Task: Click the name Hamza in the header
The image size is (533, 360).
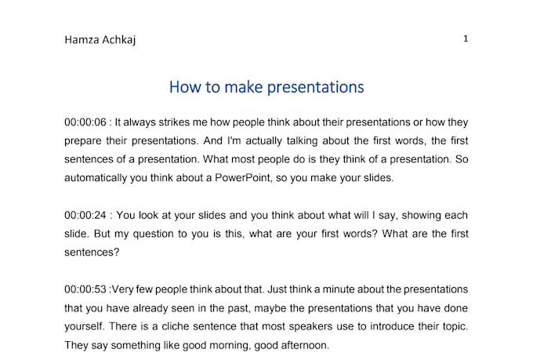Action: pyautogui.click(x=82, y=40)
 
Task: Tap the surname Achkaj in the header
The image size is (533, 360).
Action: pyautogui.click(x=118, y=40)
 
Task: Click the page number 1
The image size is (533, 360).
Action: pyautogui.click(x=466, y=38)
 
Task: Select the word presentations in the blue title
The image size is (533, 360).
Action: pyautogui.click(x=315, y=87)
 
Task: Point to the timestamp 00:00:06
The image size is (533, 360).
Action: pyautogui.click(x=85, y=122)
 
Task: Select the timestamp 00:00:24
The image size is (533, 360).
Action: pyautogui.click(x=85, y=215)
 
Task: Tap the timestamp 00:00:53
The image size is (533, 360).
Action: pyautogui.click(x=85, y=289)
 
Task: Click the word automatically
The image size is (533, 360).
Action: pyautogui.click(x=96, y=178)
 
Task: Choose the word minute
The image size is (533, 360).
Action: pyautogui.click(x=338, y=289)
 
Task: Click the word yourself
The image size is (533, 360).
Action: pyautogui.click(x=85, y=326)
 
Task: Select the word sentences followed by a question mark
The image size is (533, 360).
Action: pyautogui.click(x=92, y=253)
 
